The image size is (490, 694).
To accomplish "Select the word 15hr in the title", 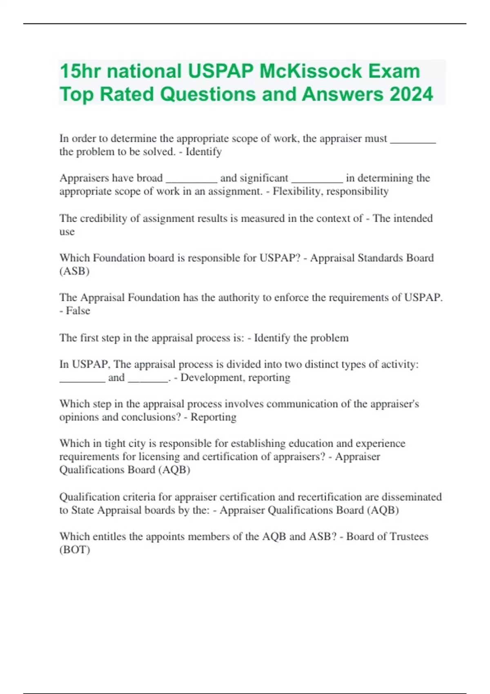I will click(80, 71).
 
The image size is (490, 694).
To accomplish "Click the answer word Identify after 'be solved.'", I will click(203, 152).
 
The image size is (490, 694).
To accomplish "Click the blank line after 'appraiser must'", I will click(413, 140).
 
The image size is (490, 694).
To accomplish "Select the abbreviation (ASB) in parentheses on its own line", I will click(74, 271).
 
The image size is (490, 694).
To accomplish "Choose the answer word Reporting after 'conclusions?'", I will click(214, 417).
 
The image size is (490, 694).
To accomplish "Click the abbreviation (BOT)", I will click(75, 549).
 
